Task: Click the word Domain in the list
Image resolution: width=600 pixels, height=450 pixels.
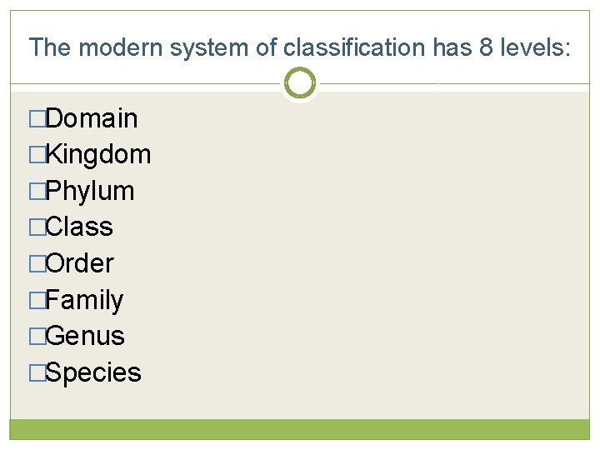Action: [92, 118]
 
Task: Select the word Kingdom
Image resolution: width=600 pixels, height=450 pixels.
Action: [98, 154]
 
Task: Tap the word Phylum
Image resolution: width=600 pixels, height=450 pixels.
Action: [90, 191]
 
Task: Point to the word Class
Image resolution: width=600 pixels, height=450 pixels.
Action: [79, 227]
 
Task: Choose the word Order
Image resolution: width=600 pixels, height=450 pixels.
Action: [80, 263]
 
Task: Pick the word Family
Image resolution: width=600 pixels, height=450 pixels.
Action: [84, 300]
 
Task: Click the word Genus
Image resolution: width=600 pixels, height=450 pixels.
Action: [85, 336]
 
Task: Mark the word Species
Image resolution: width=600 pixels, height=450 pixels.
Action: [93, 372]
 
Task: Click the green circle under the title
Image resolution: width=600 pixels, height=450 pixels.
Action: [300, 83]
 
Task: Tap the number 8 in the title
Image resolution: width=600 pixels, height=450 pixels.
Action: [487, 47]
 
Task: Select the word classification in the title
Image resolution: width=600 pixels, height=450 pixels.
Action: [353, 47]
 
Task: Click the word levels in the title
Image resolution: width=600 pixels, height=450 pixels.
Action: [533, 47]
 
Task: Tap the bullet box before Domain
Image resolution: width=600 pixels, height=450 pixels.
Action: [36, 119]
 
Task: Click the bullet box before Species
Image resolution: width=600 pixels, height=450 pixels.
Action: [36, 373]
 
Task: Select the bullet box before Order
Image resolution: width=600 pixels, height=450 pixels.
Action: [36, 264]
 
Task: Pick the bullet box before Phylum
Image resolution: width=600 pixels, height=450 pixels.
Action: [36, 192]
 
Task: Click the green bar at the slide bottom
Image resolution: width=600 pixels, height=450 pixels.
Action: [300, 428]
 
